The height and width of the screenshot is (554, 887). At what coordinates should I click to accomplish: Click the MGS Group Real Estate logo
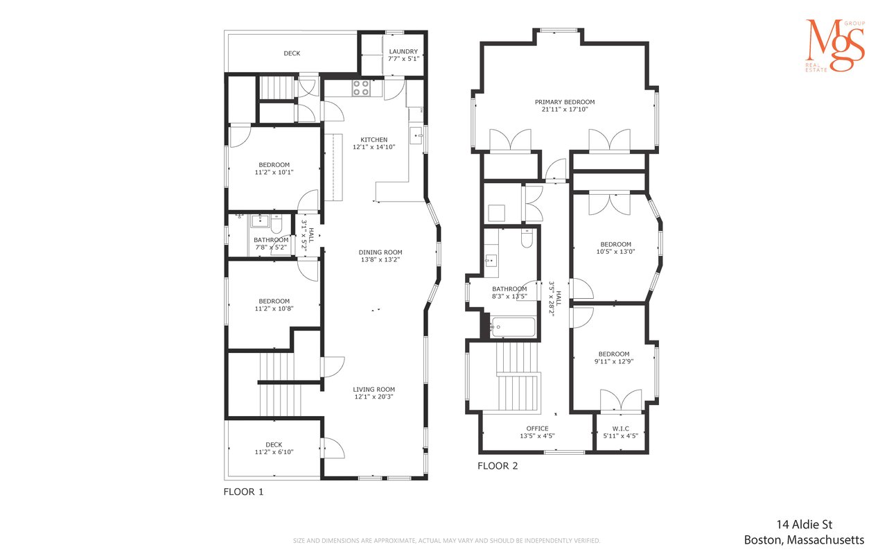tap(835, 46)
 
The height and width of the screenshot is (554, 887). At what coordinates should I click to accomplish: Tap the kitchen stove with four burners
tap(361, 88)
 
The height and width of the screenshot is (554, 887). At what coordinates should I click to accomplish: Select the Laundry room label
tap(403, 51)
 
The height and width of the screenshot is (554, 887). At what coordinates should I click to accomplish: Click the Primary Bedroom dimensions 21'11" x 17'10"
tap(565, 110)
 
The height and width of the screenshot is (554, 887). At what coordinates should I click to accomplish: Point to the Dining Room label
tap(380, 252)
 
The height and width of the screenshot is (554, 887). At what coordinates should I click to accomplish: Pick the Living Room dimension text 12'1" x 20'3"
tap(374, 397)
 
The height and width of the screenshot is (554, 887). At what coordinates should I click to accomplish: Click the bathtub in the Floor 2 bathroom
tap(513, 327)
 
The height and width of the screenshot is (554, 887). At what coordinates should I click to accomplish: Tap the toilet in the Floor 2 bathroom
tap(527, 238)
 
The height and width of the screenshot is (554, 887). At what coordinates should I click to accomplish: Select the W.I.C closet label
tap(620, 429)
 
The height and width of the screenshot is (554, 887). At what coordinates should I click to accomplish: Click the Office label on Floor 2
tap(537, 429)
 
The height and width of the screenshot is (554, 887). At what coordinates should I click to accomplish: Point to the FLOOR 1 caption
tap(243, 492)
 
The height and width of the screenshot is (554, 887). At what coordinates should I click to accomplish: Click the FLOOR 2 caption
tap(498, 466)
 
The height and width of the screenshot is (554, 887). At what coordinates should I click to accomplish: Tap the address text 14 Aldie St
tap(805, 525)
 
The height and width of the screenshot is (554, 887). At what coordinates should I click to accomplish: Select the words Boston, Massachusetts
tap(805, 540)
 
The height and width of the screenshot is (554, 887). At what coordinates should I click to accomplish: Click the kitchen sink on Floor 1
tap(416, 135)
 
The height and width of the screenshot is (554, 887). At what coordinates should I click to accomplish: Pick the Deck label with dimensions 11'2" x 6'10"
tap(274, 448)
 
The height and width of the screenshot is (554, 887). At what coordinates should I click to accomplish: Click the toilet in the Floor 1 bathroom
tap(276, 225)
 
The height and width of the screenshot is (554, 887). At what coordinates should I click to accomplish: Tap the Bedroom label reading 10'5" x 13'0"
tap(616, 248)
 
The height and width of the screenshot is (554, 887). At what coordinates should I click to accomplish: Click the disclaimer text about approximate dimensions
tap(447, 541)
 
